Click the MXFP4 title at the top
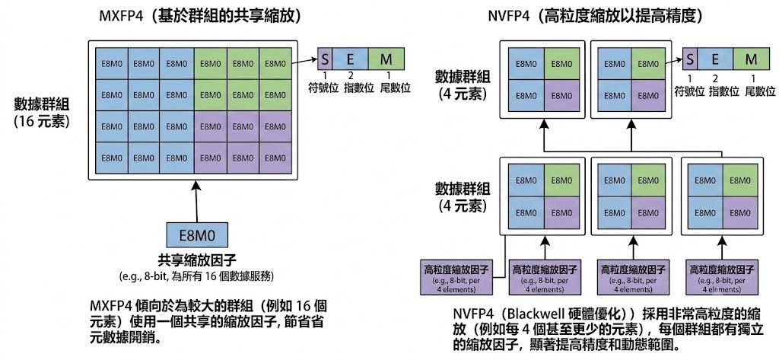200,17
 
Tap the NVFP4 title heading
595,17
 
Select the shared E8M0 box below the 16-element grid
197,235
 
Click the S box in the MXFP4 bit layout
324,59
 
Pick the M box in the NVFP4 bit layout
751,59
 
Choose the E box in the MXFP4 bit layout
350,59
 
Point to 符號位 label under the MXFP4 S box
324,88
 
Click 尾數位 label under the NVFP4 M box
760,91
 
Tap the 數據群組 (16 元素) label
42,113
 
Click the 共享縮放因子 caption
197,260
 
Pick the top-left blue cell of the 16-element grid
112,63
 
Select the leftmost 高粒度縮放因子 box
456,278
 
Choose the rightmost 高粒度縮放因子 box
720,278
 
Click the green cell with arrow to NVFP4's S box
646,63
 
